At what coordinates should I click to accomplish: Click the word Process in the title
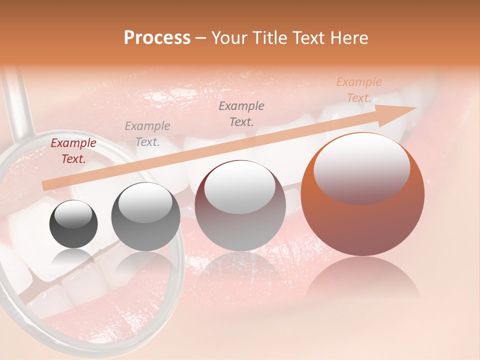157,38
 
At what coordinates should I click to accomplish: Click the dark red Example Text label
73,151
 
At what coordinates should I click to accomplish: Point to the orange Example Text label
358,90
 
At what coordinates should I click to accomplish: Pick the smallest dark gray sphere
73,224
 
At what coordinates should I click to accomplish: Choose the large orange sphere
362,195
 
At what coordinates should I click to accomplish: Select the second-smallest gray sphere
145,216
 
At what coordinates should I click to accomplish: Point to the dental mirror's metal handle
17,105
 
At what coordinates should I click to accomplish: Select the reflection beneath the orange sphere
362,280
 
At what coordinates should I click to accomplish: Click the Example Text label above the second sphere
147,134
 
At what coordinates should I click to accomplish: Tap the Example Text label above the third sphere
241,113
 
